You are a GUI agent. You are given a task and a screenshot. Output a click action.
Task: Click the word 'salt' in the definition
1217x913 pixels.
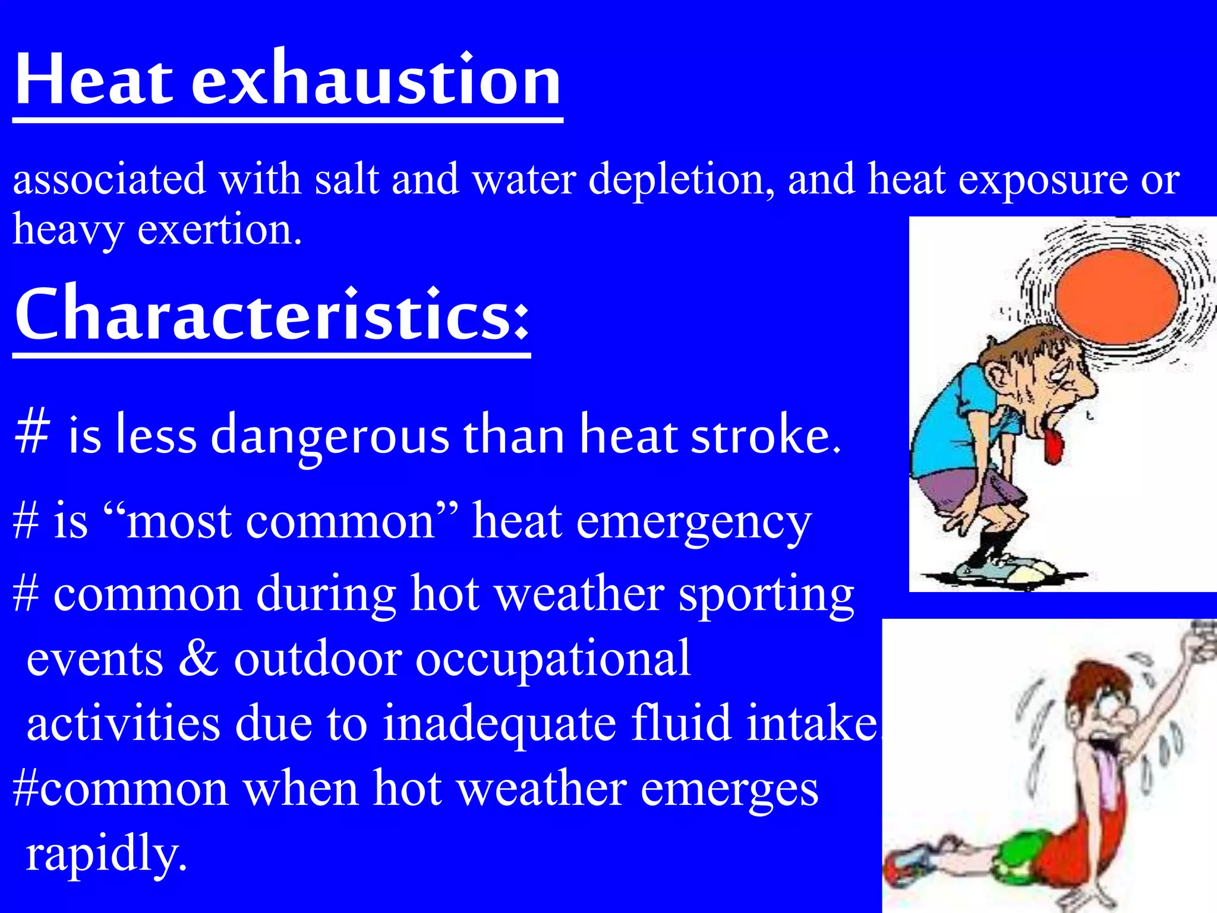pyautogui.click(x=346, y=179)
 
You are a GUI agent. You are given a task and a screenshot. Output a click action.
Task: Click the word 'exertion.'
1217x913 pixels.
pyautogui.click(x=219, y=230)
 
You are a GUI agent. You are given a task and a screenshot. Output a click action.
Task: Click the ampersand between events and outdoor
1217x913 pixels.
pyautogui.click(x=198, y=659)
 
